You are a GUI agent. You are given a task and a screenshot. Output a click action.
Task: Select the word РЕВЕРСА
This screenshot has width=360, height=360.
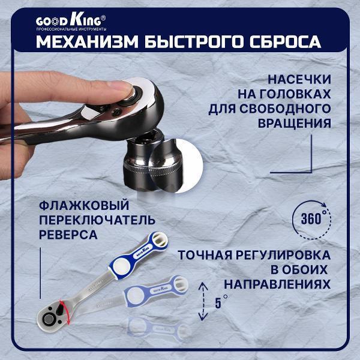(x=67, y=234)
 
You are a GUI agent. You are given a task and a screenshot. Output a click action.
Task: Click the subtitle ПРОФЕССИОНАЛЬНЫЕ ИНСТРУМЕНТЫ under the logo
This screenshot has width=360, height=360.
(x=71, y=29)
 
